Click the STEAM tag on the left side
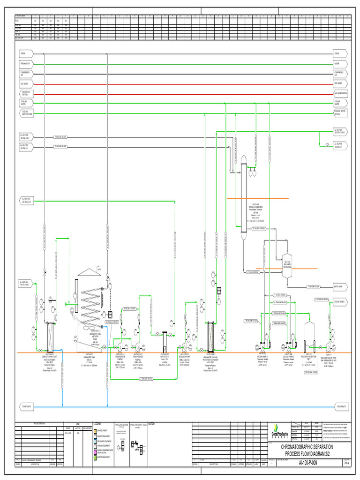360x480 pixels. (25, 54)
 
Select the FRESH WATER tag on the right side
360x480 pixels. (339, 64)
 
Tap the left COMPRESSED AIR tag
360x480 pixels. (25, 74)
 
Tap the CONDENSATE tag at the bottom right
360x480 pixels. (340, 406)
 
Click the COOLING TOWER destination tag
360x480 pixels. (339, 300)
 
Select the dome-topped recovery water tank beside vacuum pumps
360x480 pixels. (308, 335)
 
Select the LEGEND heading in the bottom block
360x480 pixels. (97, 424)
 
